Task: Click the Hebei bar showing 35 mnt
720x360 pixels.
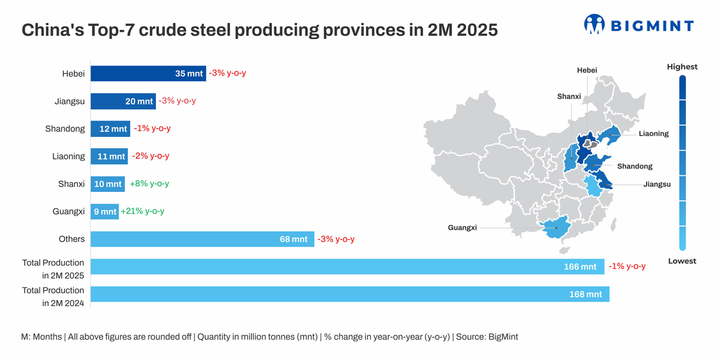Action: (148, 73)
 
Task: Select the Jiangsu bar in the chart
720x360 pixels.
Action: (123, 101)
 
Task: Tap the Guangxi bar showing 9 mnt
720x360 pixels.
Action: (104, 211)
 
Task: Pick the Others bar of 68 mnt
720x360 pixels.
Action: (202, 239)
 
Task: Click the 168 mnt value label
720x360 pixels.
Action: (585, 294)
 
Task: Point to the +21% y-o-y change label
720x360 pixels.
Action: (143, 211)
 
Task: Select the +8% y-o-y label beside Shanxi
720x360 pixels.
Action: (149, 184)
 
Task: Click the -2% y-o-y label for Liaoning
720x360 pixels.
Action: (151, 156)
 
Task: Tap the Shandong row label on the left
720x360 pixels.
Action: (65, 128)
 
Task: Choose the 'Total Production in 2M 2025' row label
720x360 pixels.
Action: (53, 269)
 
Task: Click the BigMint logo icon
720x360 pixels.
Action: (594, 25)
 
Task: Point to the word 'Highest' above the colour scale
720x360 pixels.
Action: (682, 67)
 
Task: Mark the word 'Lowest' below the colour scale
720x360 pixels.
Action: (682, 261)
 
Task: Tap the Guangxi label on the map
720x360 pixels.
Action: (462, 227)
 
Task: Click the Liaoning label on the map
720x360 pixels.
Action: (653, 133)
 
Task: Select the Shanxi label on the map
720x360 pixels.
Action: (569, 96)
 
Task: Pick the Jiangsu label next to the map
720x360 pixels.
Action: (657, 184)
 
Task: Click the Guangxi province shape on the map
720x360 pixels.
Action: (555, 229)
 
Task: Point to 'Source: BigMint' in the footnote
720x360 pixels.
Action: (487, 337)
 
